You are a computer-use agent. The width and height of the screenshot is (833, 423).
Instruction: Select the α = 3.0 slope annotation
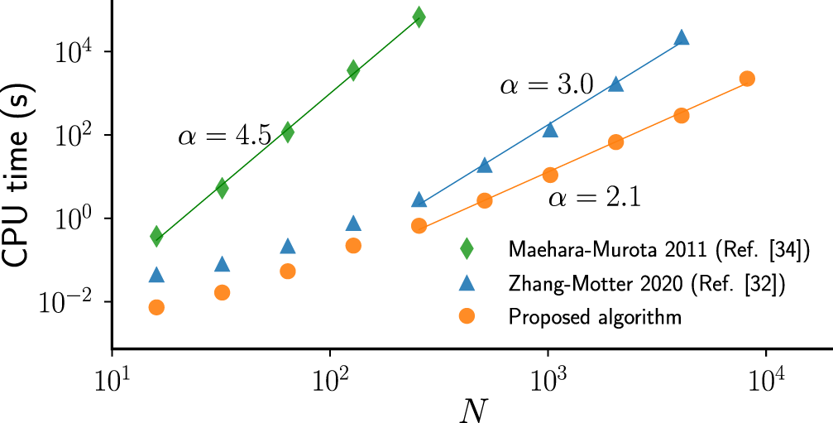546,86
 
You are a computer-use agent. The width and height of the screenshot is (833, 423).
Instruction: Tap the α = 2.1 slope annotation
595,198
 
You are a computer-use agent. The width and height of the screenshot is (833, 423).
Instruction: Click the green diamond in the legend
467,248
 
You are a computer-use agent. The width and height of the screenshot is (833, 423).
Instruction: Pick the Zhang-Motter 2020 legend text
647,283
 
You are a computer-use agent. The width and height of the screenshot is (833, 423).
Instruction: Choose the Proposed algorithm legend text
595,317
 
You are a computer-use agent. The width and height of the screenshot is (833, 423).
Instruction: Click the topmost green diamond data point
419,17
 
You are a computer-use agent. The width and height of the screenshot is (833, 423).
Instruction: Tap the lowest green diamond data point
156,237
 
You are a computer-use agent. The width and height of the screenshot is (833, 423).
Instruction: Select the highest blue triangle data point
681,37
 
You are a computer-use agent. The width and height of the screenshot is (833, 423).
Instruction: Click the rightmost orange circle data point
746,79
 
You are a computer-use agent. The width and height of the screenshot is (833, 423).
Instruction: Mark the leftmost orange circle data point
156,307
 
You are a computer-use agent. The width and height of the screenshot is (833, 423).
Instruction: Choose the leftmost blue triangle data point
156,275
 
